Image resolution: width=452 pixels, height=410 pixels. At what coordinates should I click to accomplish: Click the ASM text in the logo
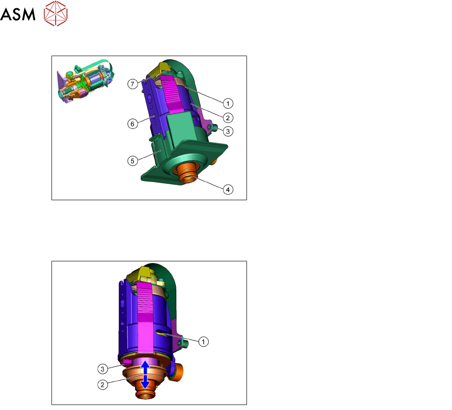click(18, 15)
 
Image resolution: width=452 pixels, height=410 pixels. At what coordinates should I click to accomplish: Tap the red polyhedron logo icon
click(56, 13)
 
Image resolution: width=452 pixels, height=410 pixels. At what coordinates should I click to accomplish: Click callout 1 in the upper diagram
click(228, 104)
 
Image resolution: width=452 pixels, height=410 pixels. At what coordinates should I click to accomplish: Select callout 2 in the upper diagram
click(228, 118)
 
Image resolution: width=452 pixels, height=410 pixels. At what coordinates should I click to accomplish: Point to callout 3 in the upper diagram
click(228, 131)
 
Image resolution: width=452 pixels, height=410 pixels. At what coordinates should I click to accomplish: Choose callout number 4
click(228, 190)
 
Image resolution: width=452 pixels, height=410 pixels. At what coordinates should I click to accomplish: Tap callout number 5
click(133, 161)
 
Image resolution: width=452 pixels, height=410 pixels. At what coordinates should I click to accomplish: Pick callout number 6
click(133, 124)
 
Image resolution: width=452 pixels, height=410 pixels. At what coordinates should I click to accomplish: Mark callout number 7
click(133, 84)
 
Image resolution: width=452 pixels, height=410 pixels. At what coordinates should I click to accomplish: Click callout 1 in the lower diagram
click(204, 342)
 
